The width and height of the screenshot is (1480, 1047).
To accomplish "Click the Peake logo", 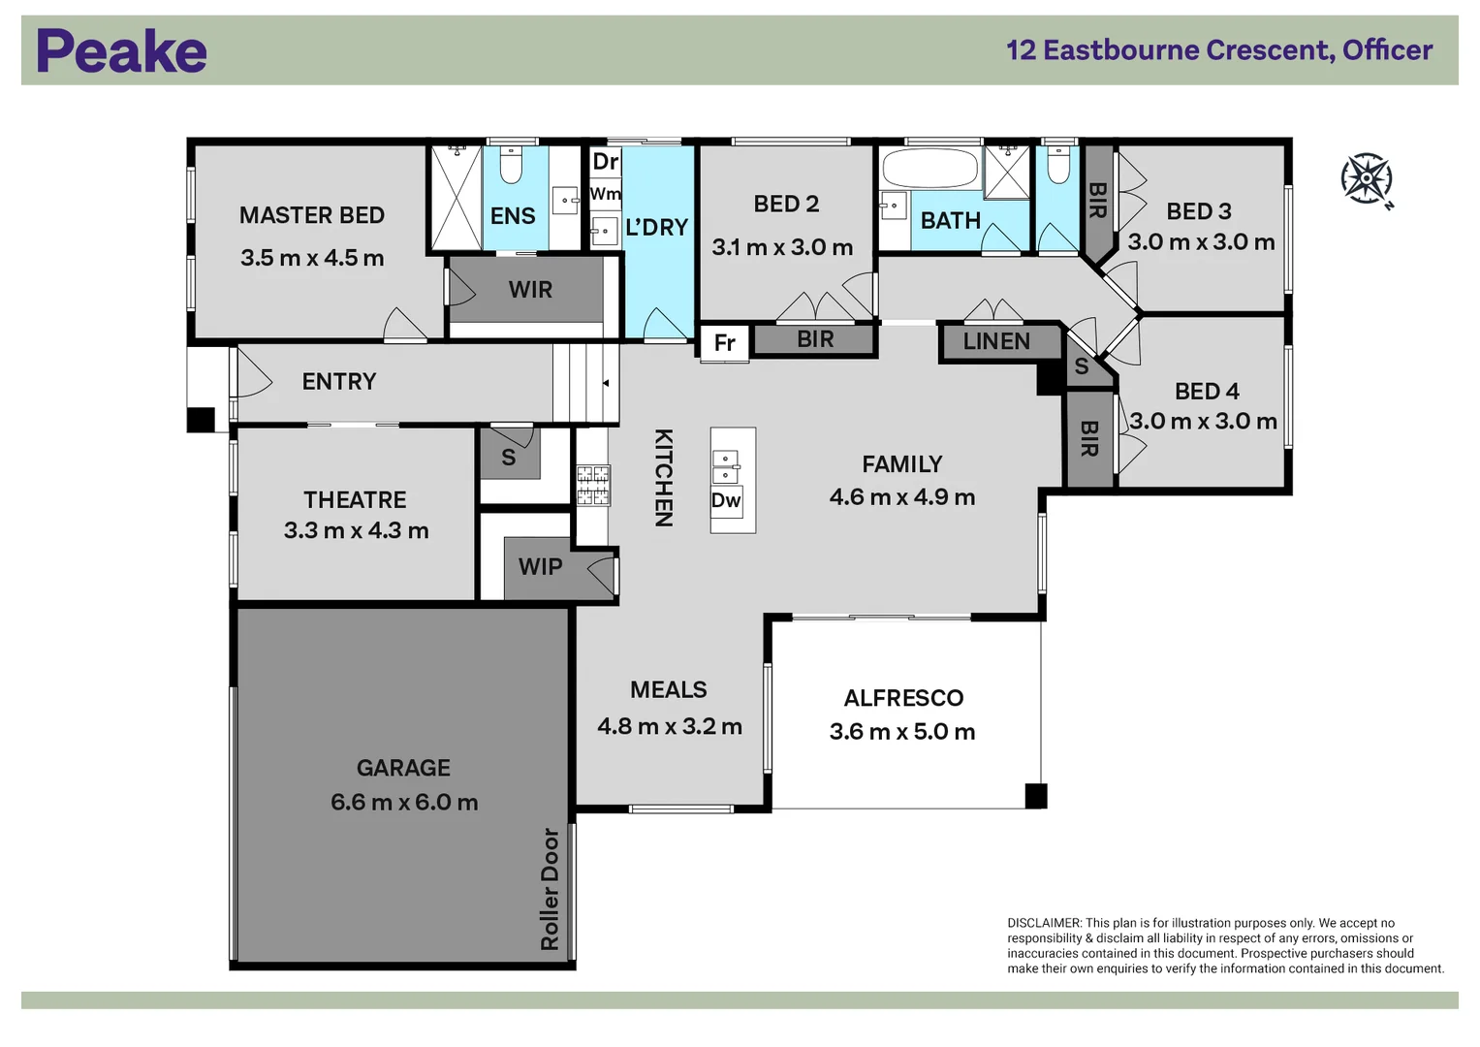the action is tap(121, 50).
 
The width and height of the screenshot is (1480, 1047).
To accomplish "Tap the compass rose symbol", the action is tap(1367, 179).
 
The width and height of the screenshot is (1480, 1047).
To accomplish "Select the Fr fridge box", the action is tap(725, 342).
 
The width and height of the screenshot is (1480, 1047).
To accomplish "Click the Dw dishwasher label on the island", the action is tap(726, 500).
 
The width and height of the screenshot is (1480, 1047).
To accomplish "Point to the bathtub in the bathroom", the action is tap(930, 168).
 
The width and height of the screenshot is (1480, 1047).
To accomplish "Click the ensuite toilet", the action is tap(511, 165).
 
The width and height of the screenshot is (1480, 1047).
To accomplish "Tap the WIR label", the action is tap(530, 290).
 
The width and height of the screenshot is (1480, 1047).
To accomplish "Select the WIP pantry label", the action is tap(541, 566).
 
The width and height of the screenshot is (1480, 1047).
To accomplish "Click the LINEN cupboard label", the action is tap(996, 341).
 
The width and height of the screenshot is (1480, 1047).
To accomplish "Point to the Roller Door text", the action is tap(550, 889).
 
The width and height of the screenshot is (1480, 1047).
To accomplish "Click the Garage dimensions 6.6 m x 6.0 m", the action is tap(404, 803).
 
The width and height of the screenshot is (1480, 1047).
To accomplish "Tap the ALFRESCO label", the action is tap(903, 698).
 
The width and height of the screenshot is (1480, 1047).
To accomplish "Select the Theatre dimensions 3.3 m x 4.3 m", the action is tap(356, 530).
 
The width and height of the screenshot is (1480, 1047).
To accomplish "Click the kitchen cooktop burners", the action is tap(593, 485).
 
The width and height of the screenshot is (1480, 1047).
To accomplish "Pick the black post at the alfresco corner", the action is tap(1035, 796).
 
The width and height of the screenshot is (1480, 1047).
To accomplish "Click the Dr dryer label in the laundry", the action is tap(605, 161).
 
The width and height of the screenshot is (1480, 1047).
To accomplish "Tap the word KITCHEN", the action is tap(663, 477).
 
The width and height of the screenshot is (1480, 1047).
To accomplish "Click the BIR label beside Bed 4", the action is tap(1088, 439).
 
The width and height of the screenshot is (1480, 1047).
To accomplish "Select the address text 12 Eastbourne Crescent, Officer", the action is tap(1219, 50).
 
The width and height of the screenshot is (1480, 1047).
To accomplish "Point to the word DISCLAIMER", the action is tap(1044, 923).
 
